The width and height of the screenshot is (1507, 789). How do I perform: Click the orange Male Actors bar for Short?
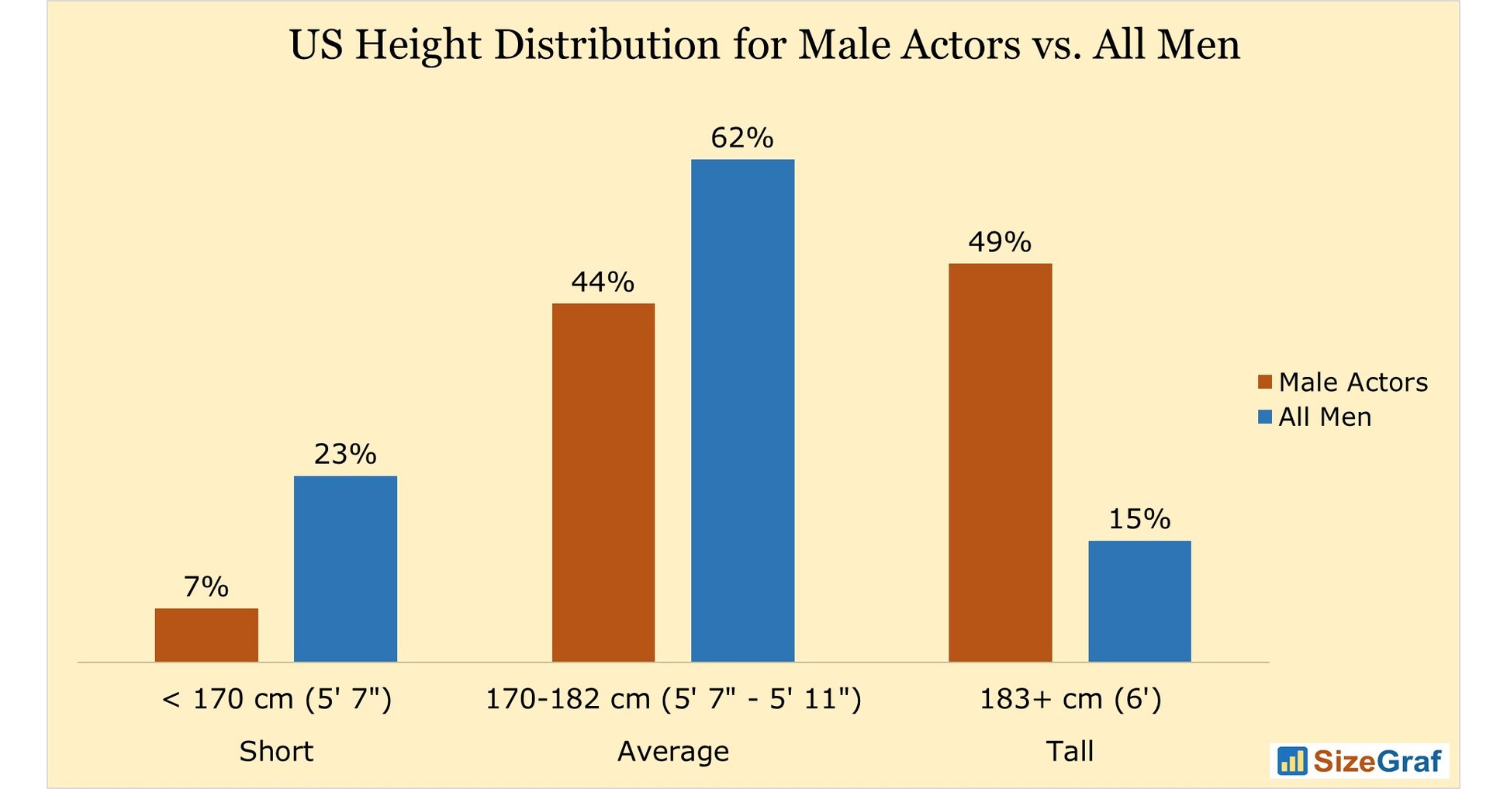click(206, 635)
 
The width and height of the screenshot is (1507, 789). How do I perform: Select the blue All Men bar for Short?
click(345, 568)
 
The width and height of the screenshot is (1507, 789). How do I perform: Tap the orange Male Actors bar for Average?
click(603, 482)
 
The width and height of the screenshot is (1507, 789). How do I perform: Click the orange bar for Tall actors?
click(1000, 462)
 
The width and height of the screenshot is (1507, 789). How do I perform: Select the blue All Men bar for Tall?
click(1139, 600)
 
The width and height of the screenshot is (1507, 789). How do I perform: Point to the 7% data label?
click(206, 587)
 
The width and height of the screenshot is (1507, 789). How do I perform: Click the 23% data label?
click(345, 455)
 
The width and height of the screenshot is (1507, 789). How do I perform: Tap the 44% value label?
click(603, 282)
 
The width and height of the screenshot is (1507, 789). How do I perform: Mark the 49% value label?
click(1000, 243)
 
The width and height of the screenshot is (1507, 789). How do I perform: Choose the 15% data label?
click(1139, 519)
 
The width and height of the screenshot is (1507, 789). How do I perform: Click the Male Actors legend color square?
click(1265, 382)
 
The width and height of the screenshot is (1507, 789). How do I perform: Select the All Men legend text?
click(1325, 417)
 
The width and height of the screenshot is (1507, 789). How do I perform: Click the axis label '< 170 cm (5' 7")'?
click(276, 700)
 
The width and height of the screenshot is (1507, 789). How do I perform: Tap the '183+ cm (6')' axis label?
click(1070, 700)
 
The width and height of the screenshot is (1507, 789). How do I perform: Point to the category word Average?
click(672, 752)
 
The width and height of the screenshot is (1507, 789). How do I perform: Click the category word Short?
click(276, 752)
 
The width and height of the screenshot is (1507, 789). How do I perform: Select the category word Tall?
click(1070, 752)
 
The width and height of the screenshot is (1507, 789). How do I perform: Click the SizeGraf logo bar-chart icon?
click(1292, 761)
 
